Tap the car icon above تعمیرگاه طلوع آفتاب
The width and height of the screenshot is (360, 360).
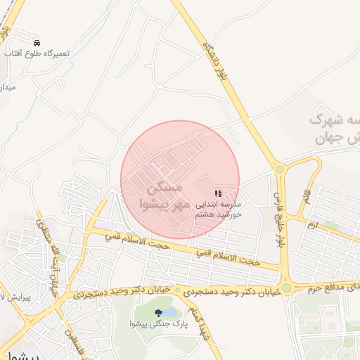(36, 42)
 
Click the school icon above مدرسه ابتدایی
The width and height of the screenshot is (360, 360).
(218, 193)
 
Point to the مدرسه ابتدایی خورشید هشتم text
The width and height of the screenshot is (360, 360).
(219, 207)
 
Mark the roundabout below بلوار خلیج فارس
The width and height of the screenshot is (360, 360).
(287, 288)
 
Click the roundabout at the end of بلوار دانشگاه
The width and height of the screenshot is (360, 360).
(280, 169)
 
